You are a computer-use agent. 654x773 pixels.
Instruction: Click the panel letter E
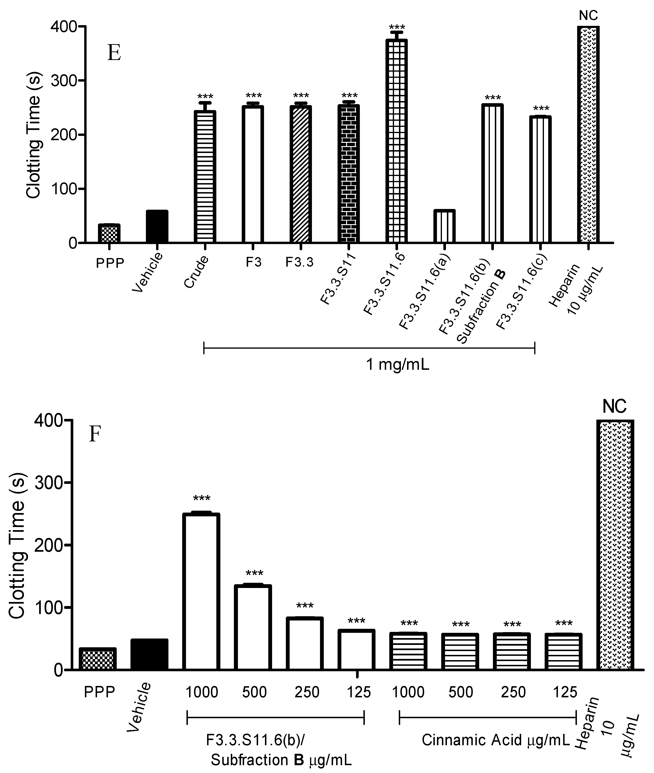pos(114,53)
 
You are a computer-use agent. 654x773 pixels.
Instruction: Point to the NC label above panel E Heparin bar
pos(588,16)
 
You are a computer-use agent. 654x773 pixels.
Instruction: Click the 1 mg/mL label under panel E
pos(397,365)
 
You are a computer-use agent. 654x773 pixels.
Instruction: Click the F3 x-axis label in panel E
pos(254,262)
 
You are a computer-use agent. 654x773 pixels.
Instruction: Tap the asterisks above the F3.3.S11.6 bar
pos(397,28)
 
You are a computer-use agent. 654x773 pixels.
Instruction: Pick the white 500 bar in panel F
pos(254,627)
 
